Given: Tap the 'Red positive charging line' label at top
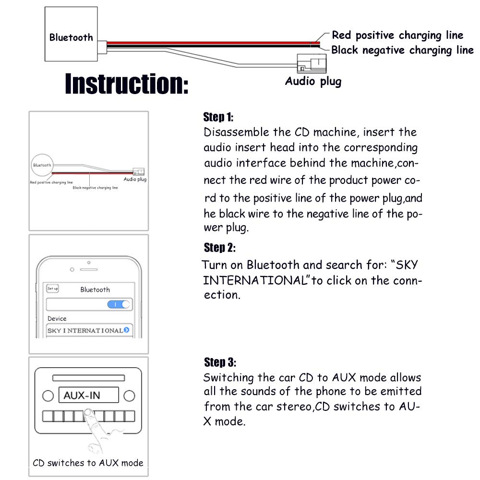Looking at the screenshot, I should (x=397, y=35).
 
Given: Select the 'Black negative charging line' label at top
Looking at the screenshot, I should (x=402, y=50).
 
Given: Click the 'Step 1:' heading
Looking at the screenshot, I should (x=218, y=117).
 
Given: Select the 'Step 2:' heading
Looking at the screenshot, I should (x=219, y=248).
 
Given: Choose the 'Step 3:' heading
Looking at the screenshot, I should (x=220, y=362).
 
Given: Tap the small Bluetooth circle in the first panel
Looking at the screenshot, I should (x=42, y=165).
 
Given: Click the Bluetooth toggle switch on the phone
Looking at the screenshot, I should (x=119, y=304).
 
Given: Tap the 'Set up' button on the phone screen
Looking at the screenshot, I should (x=52, y=288).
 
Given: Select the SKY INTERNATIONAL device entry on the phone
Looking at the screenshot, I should (x=88, y=330).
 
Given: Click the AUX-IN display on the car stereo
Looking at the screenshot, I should (x=89, y=396).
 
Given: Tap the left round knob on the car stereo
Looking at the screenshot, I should (x=48, y=396).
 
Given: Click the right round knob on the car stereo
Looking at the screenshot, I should (x=129, y=396).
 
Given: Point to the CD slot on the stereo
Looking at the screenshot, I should (x=88, y=378).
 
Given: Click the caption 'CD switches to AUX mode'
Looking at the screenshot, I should (x=88, y=463).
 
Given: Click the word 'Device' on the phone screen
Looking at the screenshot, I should (x=57, y=318).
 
